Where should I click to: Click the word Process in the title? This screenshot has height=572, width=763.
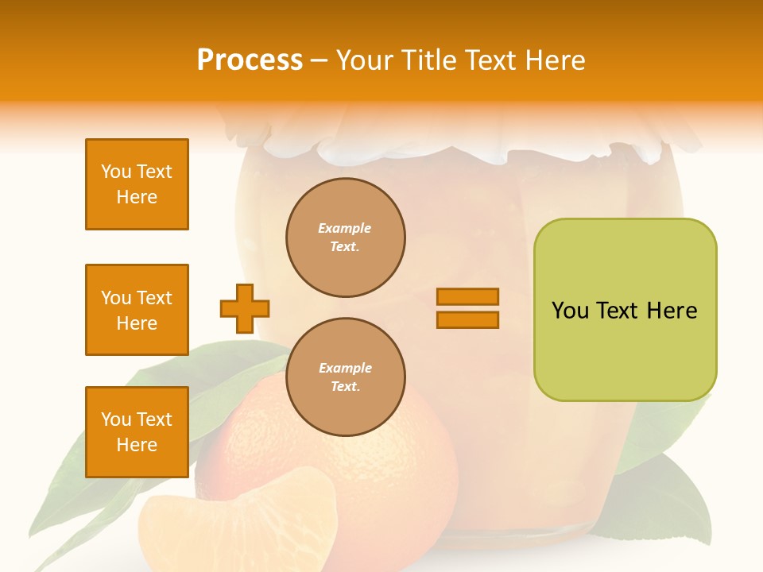pyautogui.click(x=250, y=60)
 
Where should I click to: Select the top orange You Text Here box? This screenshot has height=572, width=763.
pyautogui.click(x=137, y=184)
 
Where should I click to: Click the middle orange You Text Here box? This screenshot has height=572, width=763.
pyautogui.click(x=137, y=310)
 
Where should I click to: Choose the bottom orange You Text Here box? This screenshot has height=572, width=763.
pyautogui.click(x=137, y=432)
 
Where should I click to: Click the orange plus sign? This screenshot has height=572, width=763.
pyautogui.click(x=245, y=308)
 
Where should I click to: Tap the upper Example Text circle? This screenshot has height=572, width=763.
pyautogui.click(x=345, y=238)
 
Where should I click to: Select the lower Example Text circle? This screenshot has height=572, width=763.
pyautogui.click(x=345, y=377)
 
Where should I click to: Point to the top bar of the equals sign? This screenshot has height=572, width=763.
pyautogui.click(x=467, y=296)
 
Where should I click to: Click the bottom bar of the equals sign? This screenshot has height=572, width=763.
pyautogui.click(x=467, y=320)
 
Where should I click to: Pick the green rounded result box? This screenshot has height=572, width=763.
pyautogui.click(x=625, y=310)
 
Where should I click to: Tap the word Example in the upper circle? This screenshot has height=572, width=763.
pyautogui.click(x=345, y=228)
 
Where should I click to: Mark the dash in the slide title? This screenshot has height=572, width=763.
pyautogui.click(x=320, y=60)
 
